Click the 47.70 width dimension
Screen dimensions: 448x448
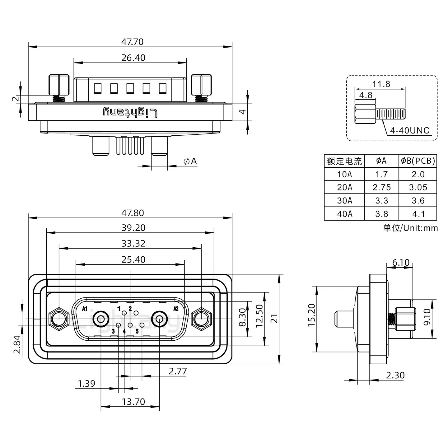point(133,42)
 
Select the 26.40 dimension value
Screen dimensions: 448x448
point(133,58)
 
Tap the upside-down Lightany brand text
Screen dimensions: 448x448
point(130,112)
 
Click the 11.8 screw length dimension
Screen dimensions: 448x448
point(381,84)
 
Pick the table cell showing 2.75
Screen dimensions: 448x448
point(381,187)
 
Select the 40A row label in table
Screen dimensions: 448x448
point(344,214)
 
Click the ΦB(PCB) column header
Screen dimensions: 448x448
point(418,161)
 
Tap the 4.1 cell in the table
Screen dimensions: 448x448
point(418,214)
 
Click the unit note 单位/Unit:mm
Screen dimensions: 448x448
point(410,228)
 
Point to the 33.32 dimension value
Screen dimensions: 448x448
point(133,243)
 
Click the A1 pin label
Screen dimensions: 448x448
point(84,309)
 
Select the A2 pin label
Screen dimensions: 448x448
point(176,309)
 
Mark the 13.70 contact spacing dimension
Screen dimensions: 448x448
point(133,402)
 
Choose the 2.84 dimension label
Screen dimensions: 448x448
point(17,344)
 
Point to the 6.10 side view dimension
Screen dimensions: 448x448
point(401,263)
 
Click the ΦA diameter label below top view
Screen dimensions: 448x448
point(190,161)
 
